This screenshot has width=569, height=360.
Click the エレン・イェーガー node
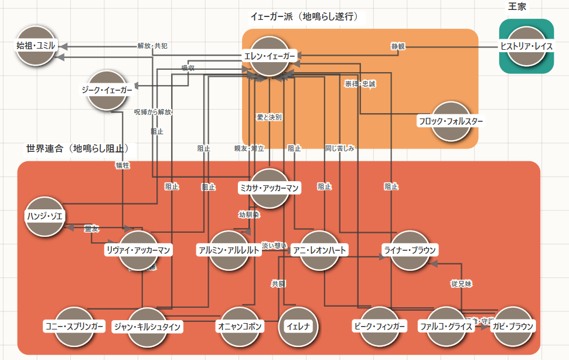click(270, 56)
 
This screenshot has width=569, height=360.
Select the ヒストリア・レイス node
click(526, 46)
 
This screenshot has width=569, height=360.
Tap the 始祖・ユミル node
click(36, 45)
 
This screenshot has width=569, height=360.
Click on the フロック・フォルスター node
click(451, 121)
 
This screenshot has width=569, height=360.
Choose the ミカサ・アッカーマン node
click(270, 188)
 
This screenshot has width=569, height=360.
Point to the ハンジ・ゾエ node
click(45, 216)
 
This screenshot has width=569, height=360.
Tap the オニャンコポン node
click(240, 326)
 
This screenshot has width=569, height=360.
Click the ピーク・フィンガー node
click(379, 326)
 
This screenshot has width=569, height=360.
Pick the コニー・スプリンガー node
click(74, 326)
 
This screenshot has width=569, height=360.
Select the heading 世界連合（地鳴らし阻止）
click(77, 149)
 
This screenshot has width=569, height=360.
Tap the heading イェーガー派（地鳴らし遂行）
click(304, 16)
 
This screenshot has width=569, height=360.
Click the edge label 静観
click(398, 46)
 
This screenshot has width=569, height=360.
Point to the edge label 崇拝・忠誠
click(360, 84)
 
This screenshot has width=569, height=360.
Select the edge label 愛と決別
click(270, 117)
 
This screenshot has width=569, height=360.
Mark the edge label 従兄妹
click(461, 284)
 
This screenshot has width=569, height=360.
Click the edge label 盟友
click(92, 228)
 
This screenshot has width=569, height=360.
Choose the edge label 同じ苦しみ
click(340, 148)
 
